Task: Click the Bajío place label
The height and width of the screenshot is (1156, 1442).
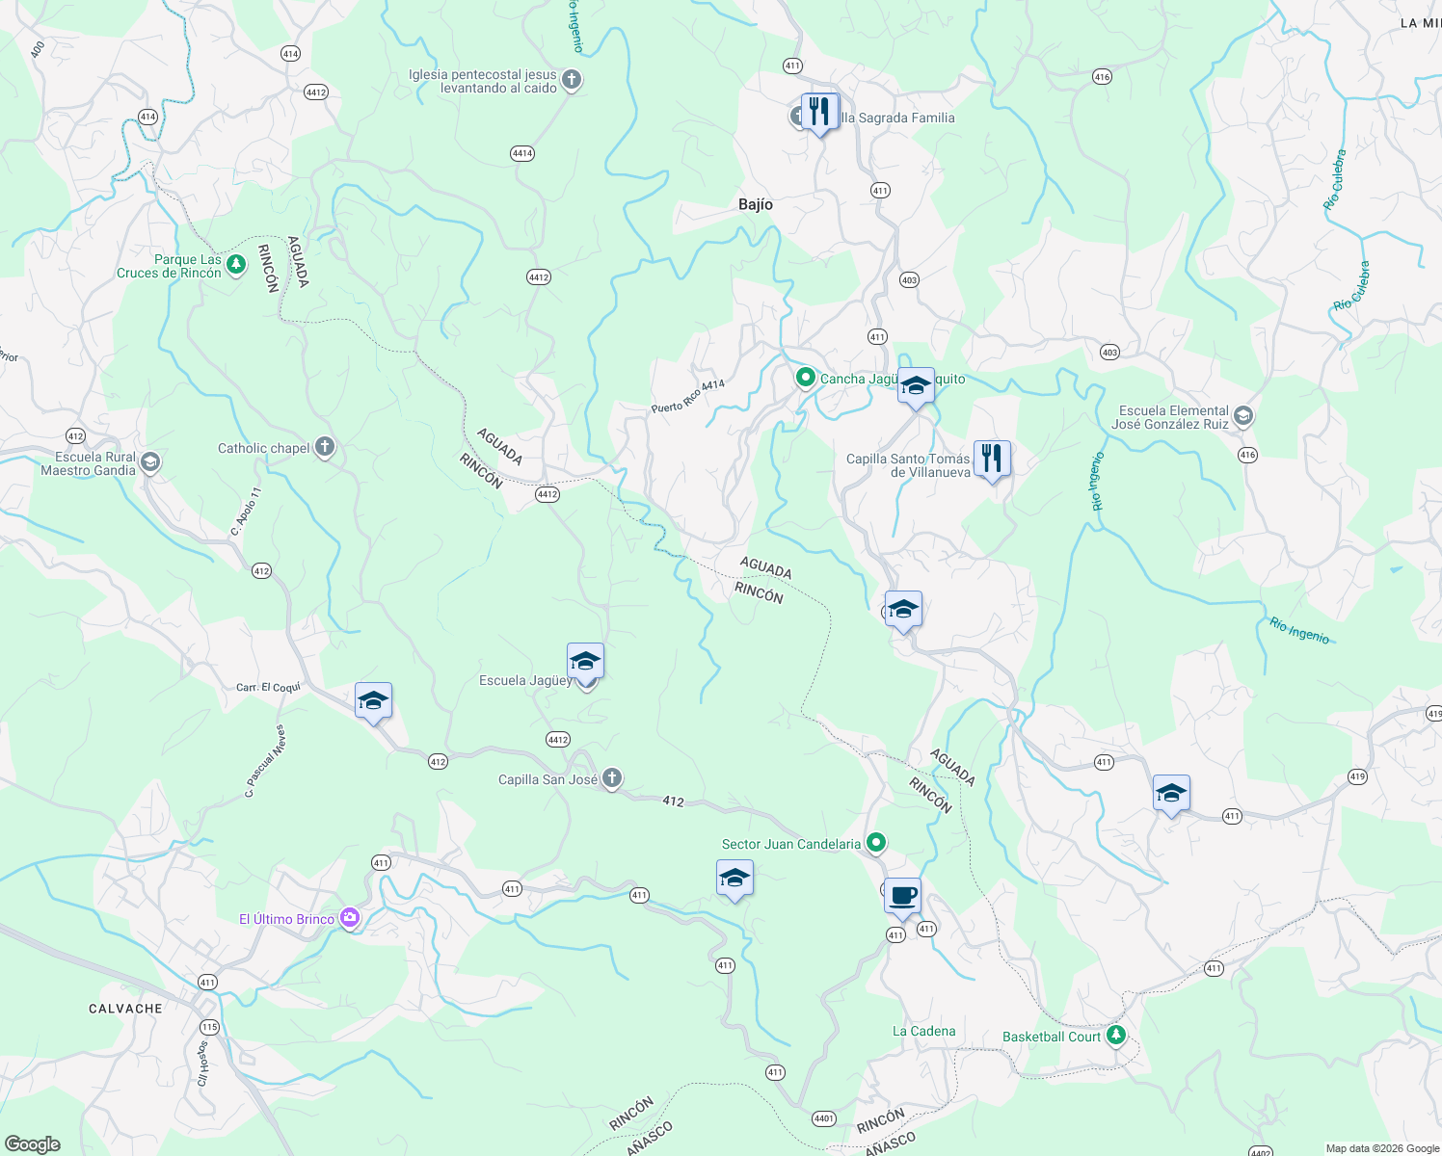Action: click(x=755, y=204)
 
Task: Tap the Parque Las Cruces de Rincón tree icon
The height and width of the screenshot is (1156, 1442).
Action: click(x=236, y=265)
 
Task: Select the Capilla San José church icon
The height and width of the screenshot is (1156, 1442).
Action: click(x=611, y=779)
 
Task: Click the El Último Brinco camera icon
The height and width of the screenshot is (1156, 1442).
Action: click(x=349, y=919)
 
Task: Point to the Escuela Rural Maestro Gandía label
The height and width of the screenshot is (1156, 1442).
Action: click(x=88, y=463)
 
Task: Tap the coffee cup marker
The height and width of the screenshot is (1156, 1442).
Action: click(x=902, y=896)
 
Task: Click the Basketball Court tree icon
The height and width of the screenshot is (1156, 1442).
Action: click(x=1115, y=1036)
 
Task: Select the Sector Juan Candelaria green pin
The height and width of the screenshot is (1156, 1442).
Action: click(x=875, y=843)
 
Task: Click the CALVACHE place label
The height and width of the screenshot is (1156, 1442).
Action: click(x=125, y=1009)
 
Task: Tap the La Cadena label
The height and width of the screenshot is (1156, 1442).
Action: click(x=923, y=1031)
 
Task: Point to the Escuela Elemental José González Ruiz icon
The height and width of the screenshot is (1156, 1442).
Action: click(x=1242, y=416)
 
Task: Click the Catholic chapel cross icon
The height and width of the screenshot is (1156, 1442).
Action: click(x=325, y=447)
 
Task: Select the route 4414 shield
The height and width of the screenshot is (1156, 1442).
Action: click(x=522, y=153)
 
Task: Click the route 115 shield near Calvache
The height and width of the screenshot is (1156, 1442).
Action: click(x=210, y=1027)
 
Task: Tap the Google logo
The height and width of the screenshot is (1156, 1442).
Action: click(x=32, y=1144)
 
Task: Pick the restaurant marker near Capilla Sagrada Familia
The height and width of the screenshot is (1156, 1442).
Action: click(x=819, y=112)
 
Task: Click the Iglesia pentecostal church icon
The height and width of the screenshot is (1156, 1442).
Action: click(x=572, y=80)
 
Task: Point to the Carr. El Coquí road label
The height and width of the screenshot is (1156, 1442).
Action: click(x=269, y=687)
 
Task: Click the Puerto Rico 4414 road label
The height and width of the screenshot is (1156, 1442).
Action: click(x=687, y=396)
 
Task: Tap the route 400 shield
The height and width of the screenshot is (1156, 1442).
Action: click(x=38, y=49)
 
